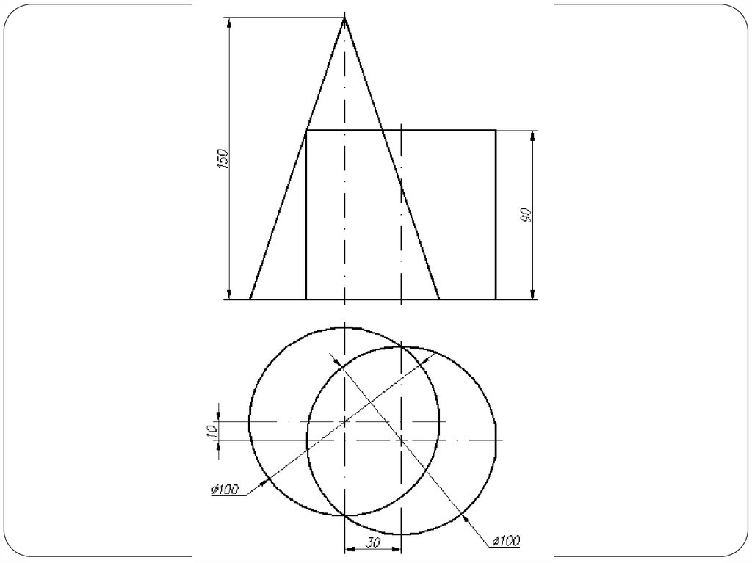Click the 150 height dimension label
coord(223,159)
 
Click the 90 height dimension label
coord(525,215)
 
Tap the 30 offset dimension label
coord(373,542)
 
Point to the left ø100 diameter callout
coord(225,489)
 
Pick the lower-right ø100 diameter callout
coord(505,542)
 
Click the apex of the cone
coord(344,18)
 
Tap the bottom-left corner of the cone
coord(250,299)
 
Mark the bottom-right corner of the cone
coord(439,299)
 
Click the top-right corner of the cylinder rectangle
coord(496,130)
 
